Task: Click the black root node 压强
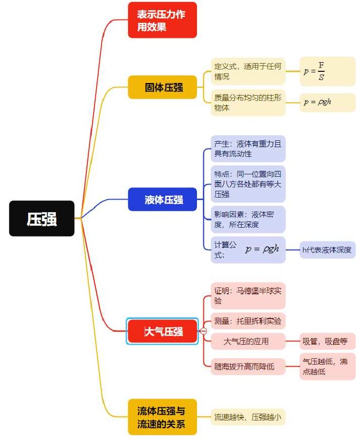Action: (42, 218)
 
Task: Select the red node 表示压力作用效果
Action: (163, 20)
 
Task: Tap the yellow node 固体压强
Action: (163, 87)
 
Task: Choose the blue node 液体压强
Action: (163, 200)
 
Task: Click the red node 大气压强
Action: (163, 331)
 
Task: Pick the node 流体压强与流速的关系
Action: (163, 417)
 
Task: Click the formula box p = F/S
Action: (327, 71)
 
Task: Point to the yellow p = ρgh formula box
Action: (327, 102)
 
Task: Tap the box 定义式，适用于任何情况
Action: (248, 71)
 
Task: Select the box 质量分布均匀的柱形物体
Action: (248, 102)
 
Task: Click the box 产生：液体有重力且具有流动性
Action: (248, 149)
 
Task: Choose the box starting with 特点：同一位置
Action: (248, 184)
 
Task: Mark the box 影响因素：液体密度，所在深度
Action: (248, 219)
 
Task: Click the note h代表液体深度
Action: (327, 250)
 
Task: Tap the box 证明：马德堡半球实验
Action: (248, 296)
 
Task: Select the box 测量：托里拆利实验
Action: (248, 321)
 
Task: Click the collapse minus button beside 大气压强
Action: (204, 331)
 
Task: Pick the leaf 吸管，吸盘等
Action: (327, 341)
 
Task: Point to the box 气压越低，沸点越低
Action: (327, 367)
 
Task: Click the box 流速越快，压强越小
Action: (248, 417)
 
